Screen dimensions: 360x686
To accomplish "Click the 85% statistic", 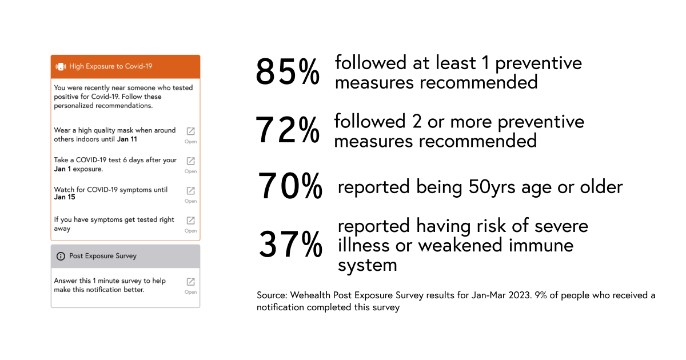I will pyautogui.click(x=287, y=72).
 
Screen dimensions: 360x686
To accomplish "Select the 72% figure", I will pyautogui.click(x=287, y=130).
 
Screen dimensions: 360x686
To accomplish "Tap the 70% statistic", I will pyautogui.click(x=290, y=186).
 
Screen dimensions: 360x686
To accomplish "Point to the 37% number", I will pyautogui.click(x=290, y=245).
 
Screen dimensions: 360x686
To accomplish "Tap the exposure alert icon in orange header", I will pyautogui.click(x=61, y=66).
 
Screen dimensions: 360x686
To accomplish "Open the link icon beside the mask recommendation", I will pyautogui.click(x=191, y=131).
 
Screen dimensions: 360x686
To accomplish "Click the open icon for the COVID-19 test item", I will pyautogui.click(x=191, y=161).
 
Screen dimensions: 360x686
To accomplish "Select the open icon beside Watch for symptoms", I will pyautogui.click(x=191, y=191).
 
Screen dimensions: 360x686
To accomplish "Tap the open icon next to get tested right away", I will pyautogui.click(x=191, y=221).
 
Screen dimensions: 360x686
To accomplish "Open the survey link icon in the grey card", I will pyautogui.click(x=191, y=282).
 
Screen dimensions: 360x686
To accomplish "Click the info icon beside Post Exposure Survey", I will pyautogui.click(x=61, y=256).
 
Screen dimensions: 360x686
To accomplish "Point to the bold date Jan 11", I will pyautogui.click(x=127, y=139).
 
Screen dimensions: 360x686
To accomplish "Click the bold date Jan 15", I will pyautogui.click(x=65, y=198).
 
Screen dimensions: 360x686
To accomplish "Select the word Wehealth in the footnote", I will pyautogui.click(x=311, y=295).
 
